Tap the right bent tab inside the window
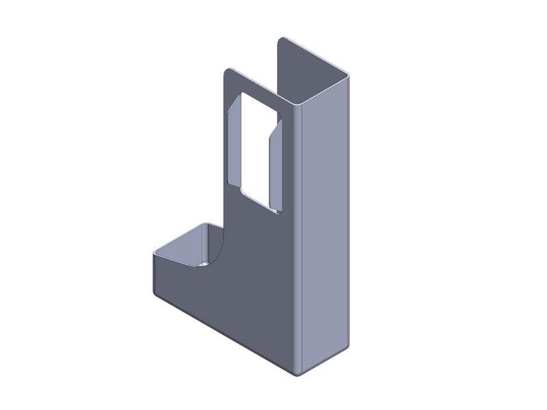pos(275,164)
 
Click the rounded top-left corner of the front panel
pos(228,70)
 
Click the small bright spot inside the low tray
pos(204,262)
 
